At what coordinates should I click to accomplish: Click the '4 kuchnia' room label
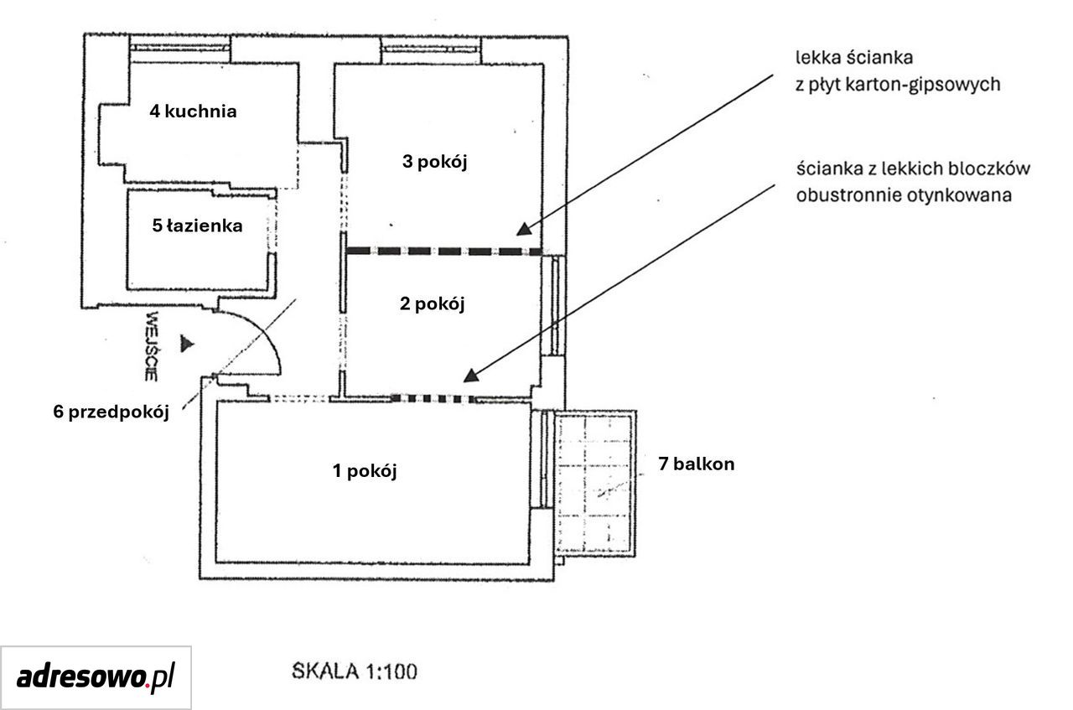(193, 111)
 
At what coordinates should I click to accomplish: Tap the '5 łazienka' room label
(197, 225)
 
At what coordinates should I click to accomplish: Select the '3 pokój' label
(434, 162)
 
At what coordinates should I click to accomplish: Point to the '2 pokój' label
(432, 304)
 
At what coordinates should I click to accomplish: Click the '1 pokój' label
(365, 471)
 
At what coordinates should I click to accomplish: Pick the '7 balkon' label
(697, 464)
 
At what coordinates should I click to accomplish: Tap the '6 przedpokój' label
(111, 412)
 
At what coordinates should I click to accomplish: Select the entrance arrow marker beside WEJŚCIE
(187, 344)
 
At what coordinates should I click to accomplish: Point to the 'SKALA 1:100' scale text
(355, 671)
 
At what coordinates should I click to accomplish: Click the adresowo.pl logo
(96, 677)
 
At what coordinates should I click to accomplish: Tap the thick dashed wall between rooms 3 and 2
(444, 251)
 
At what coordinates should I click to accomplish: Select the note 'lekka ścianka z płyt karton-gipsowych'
(898, 71)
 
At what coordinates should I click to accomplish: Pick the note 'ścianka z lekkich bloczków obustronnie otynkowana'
(913, 182)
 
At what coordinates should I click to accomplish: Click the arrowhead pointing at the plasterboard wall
(524, 230)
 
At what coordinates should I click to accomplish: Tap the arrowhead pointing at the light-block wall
(471, 376)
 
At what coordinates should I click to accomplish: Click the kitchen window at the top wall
(179, 48)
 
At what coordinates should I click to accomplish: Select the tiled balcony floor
(595, 484)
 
